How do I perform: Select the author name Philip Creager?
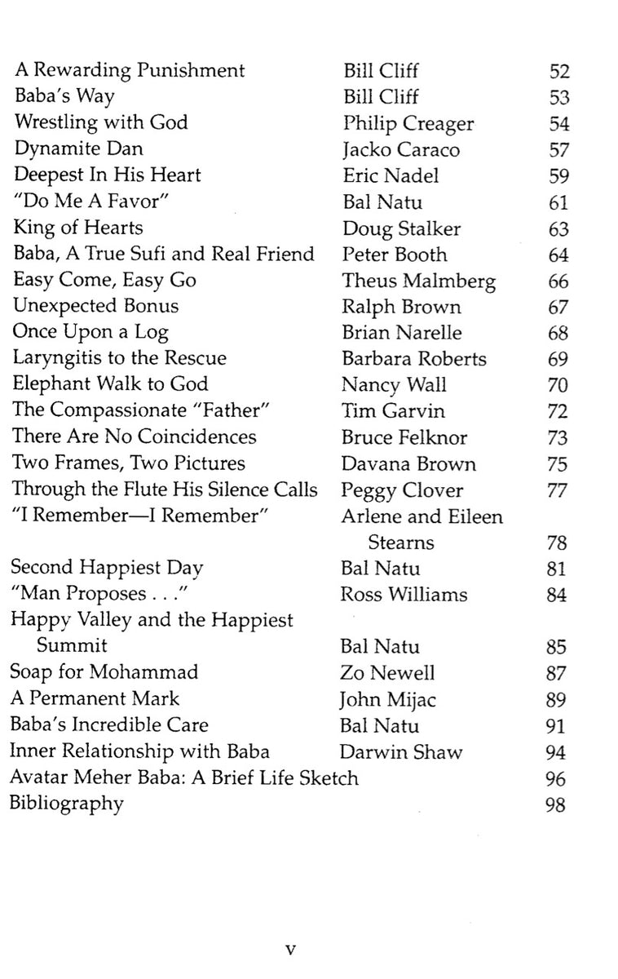[408, 123]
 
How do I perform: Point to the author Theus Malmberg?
[418, 281]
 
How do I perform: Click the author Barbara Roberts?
[414, 359]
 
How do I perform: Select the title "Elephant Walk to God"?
[110, 384]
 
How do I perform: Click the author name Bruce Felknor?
[404, 437]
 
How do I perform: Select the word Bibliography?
[66, 804]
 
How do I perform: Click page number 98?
[558, 804]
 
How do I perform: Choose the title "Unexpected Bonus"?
[95, 307]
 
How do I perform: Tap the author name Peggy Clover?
[403, 489]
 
